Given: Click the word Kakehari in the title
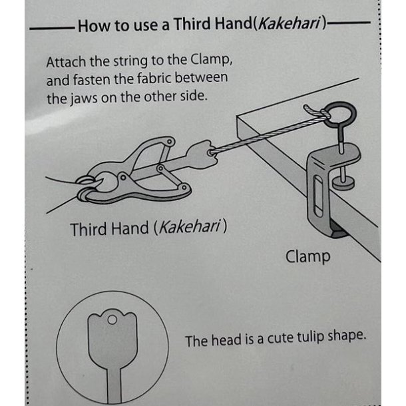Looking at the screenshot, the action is pos(289,24).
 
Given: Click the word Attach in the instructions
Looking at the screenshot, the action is pos(66,62).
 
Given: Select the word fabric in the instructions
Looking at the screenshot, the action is pos(154,78).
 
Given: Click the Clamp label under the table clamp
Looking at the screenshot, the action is pos(308,257).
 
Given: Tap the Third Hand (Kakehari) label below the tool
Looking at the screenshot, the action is pos(148,228).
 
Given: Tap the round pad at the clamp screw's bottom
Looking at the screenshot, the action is pos(343,183).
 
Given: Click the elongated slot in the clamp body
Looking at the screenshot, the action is pos(318,196).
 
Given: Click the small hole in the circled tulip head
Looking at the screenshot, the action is pos(112,320).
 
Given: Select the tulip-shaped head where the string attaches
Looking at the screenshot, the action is pos(202,154).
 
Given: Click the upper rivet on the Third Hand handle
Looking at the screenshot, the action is pos(170,142).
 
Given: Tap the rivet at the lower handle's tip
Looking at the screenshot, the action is pos(184,187).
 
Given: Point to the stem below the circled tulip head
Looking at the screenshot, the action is pos(114,385).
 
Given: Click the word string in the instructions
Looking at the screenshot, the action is pos(130,62).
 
